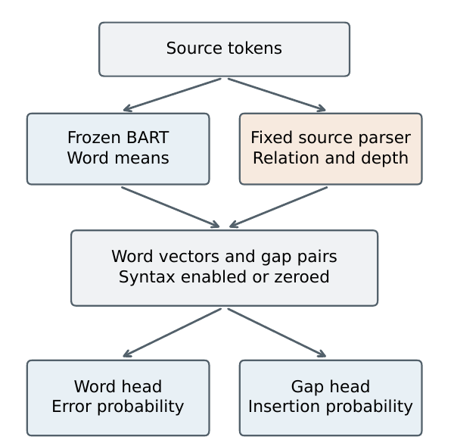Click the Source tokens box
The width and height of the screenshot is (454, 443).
tap(224, 49)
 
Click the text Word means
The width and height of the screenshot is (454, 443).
tap(118, 158)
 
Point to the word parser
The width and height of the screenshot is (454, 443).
tap(384, 138)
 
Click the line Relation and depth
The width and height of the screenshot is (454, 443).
tap(331, 158)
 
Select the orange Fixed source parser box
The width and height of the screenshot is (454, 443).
tap(331, 148)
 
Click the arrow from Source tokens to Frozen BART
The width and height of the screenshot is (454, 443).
tap(172, 95)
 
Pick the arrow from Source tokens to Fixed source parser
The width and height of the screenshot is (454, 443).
tap(277, 95)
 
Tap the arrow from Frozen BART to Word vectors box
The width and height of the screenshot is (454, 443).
tap(170, 207)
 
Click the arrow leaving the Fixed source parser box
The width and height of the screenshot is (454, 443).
tap(278, 207)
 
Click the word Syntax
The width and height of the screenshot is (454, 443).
tap(147, 277)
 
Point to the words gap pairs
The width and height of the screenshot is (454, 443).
tap(299, 257)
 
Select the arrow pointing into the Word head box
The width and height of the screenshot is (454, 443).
tap(172, 332)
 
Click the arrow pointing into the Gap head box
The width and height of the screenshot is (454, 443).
tap(277, 332)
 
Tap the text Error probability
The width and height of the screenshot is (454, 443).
tap(118, 407)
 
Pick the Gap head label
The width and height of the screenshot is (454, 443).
tap(331, 387)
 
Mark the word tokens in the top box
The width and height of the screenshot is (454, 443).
tap(255, 48)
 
